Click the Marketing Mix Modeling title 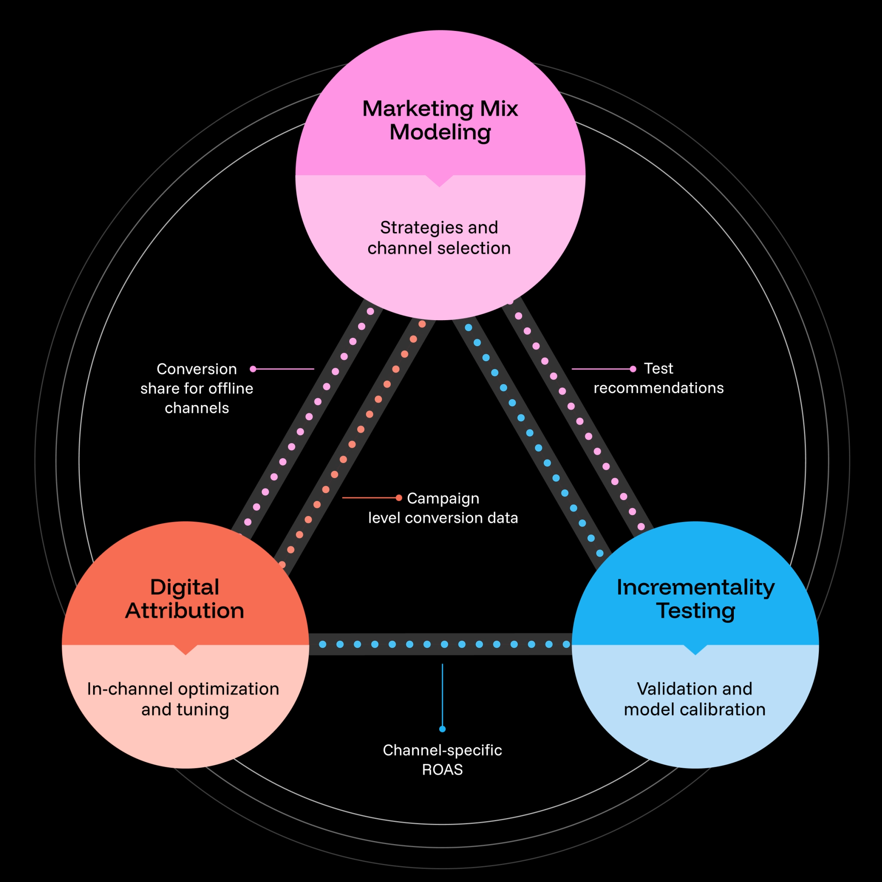[440, 120]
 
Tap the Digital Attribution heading [185, 598]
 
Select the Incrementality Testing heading [695, 598]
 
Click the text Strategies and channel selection [439, 238]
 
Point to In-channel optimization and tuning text [183, 699]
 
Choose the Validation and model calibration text [695, 699]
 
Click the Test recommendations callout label [658, 378]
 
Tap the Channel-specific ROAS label [442, 760]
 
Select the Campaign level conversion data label [443, 508]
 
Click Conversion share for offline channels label [197, 388]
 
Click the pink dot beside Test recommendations [633, 369]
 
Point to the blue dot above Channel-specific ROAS [442, 729]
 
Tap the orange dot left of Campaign [399, 497]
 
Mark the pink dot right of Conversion [253, 369]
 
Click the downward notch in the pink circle [439, 181]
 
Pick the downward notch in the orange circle [185, 650]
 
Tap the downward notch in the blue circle [695, 650]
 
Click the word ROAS [442, 770]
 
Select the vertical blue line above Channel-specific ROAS [442, 694]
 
